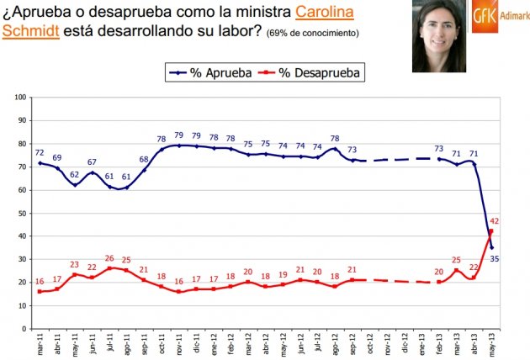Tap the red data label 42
[x=496, y=220]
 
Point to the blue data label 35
[x=496, y=259]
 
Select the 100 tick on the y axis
[x=20, y=98]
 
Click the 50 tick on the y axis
[x=22, y=213]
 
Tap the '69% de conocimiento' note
[x=313, y=34]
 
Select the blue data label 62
[x=75, y=174]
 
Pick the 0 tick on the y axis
[x=24, y=328]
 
